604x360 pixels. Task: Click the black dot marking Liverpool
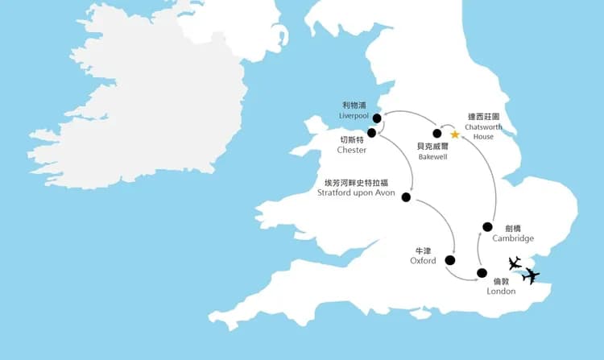(377, 118)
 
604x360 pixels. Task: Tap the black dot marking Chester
(372, 133)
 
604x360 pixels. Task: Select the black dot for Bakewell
(437, 134)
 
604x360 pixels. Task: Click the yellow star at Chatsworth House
(455, 134)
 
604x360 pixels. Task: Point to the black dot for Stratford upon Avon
(406, 197)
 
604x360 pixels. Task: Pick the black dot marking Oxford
(449, 260)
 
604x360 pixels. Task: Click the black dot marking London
(482, 273)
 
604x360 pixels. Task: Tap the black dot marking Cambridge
(487, 226)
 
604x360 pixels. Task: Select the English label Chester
(353, 150)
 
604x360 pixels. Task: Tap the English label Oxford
(423, 260)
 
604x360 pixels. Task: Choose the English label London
(501, 291)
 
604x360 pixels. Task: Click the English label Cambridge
(513, 238)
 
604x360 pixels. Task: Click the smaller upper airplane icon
(515, 263)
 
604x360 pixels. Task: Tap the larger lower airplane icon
(531, 276)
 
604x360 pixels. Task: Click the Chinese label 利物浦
(353, 106)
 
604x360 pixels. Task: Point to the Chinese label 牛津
(423, 250)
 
